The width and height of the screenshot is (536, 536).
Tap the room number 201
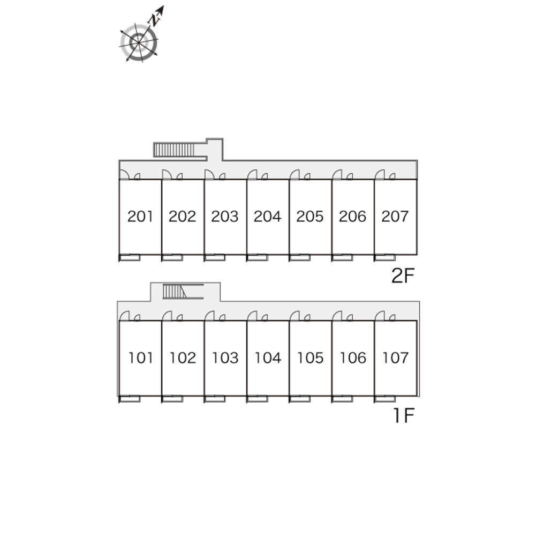[x=140, y=217]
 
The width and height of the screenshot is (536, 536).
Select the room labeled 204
[x=267, y=217]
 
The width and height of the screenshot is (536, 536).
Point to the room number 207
[x=395, y=217]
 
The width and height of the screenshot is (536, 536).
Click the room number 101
[x=140, y=358]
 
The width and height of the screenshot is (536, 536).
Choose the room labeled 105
[x=310, y=358]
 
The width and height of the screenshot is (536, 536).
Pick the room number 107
[x=395, y=358]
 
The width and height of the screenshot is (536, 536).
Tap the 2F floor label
[x=403, y=276]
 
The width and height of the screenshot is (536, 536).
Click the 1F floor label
[x=403, y=416]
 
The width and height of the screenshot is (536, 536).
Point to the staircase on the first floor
[x=175, y=292]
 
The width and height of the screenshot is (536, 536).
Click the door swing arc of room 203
[x=209, y=175]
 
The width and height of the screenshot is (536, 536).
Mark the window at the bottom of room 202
[x=172, y=258]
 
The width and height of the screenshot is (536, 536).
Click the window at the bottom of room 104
[x=258, y=399]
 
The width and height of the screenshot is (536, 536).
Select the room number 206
[x=352, y=217]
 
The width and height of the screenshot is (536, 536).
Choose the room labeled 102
[x=183, y=358]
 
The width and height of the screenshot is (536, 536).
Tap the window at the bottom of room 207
[x=385, y=258]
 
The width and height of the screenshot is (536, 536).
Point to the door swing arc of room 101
[x=124, y=316]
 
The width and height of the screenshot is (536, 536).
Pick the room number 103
[x=225, y=358]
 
